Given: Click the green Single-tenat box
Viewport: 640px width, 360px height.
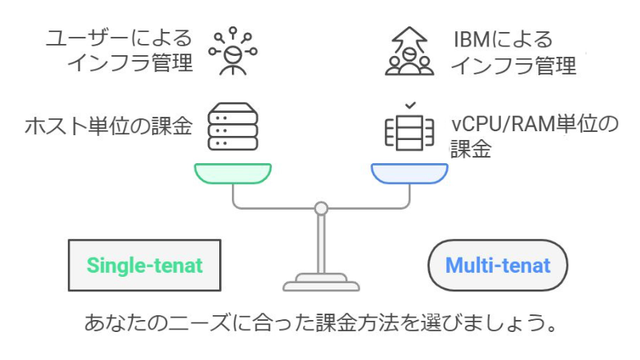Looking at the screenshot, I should click(143, 265).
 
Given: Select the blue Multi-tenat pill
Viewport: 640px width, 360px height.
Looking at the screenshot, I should click(498, 265).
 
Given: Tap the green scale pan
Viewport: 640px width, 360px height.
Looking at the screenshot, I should click(232, 173).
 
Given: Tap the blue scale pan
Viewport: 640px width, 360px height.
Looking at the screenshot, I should click(409, 173).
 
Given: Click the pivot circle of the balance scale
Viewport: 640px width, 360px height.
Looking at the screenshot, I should click(321, 209).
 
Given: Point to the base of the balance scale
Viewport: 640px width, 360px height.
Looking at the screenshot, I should click(321, 282).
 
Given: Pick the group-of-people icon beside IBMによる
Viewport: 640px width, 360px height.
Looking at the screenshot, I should click(409, 52).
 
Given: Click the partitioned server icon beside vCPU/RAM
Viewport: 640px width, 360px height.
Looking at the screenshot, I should click(409, 133).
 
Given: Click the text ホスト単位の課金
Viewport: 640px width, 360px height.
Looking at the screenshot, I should click(109, 126).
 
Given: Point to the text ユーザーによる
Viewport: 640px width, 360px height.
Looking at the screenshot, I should click(119, 38).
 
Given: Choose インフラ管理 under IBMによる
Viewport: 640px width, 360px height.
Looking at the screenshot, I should click(513, 66).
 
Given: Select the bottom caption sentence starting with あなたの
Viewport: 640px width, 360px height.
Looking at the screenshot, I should click(320, 325).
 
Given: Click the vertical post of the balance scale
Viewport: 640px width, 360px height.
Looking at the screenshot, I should click(321, 244).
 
